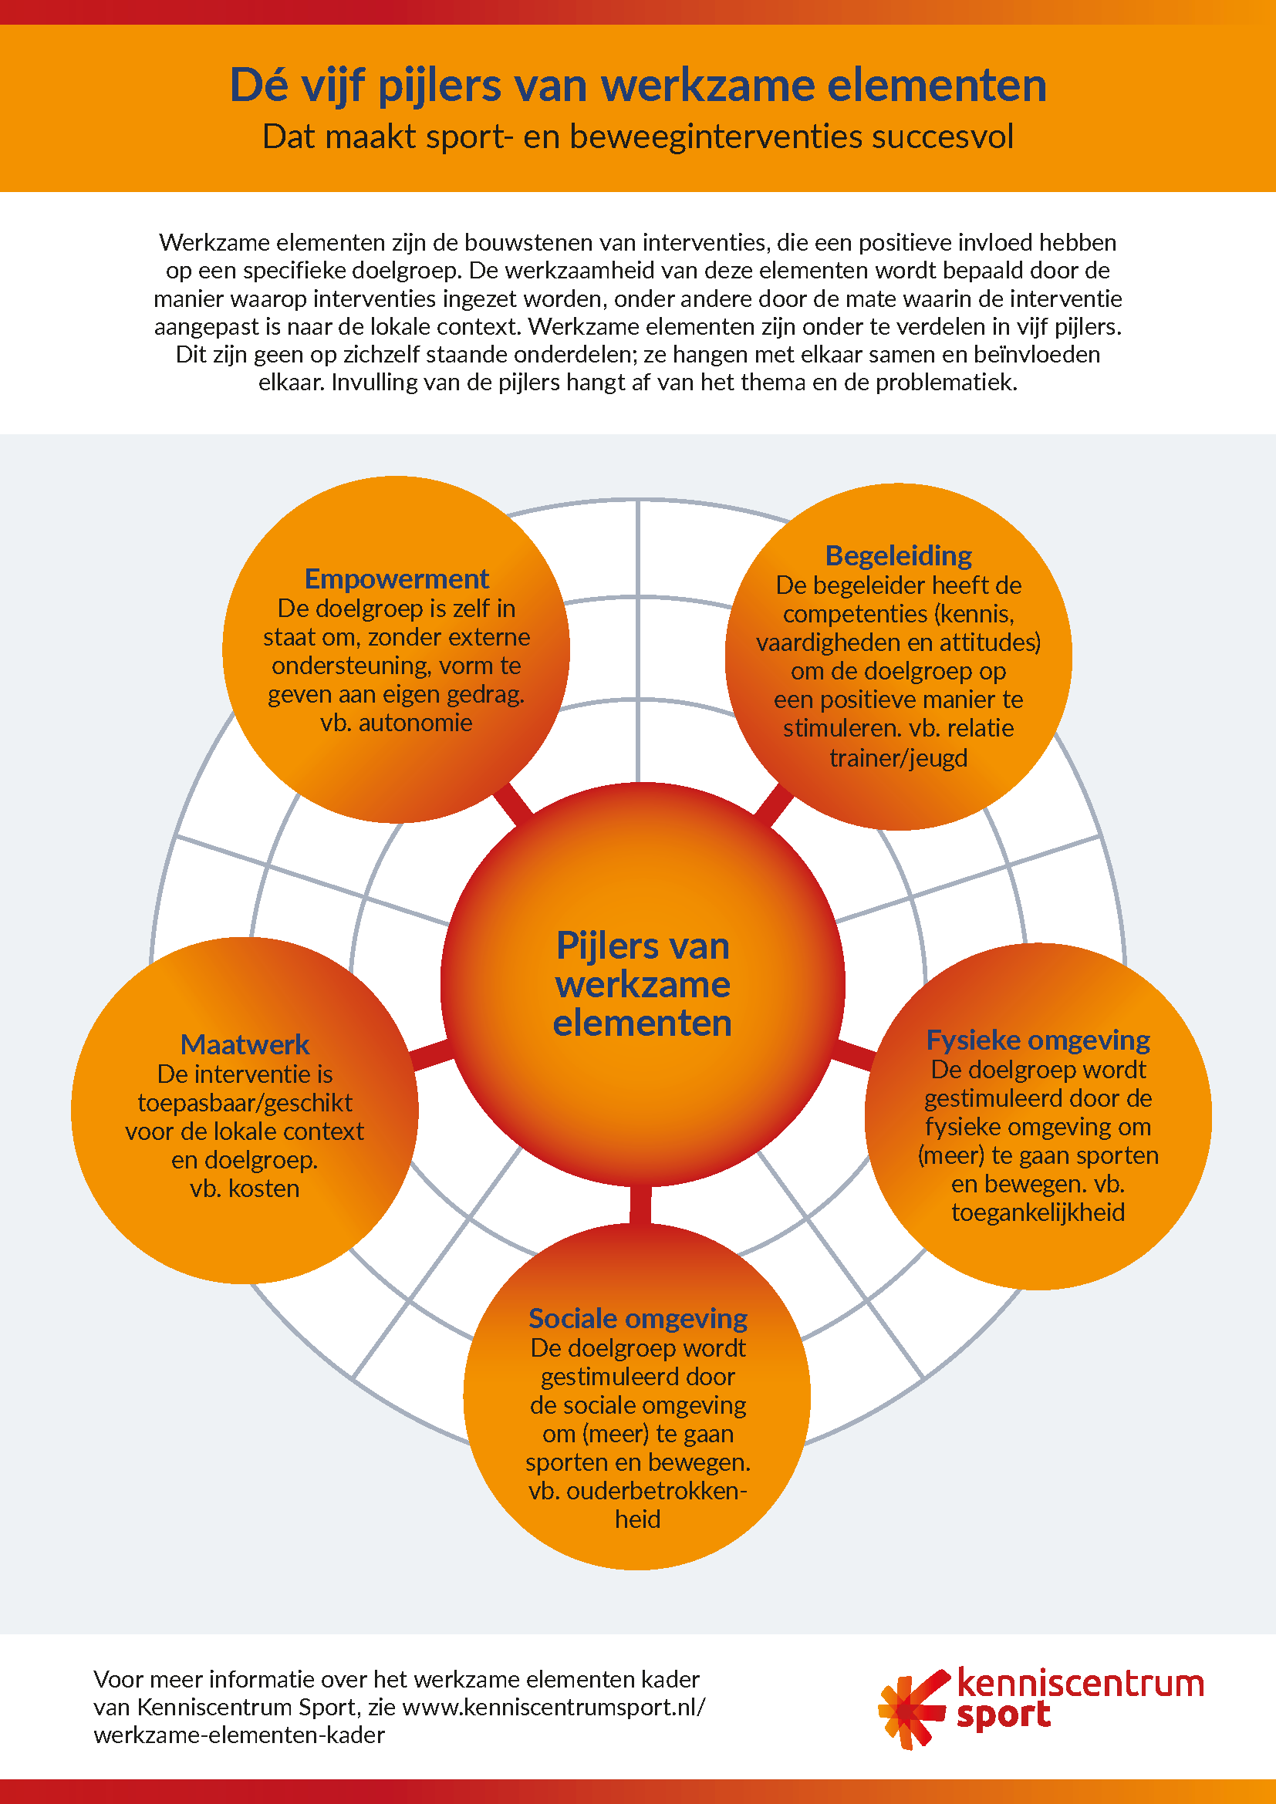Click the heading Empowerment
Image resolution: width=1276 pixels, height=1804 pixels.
tap(396, 579)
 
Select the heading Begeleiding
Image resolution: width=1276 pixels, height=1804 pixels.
tap(898, 555)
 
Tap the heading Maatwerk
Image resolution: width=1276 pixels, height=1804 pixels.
tap(245, 1044)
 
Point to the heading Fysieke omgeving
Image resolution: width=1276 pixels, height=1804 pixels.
tap(1038, 1040)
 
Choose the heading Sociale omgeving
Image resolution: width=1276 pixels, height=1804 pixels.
tap(637, 1318)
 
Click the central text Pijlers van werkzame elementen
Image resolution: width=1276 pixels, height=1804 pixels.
tap(643, 984)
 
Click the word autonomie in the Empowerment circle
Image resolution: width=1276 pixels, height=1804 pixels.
tap(416, 723)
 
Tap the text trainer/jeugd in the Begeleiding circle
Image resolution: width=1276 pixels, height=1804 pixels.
tap(898, 758)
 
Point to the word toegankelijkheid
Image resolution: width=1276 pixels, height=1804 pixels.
tap(1038, 1213)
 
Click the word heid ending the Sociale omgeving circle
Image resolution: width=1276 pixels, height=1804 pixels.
tap(637, 1519)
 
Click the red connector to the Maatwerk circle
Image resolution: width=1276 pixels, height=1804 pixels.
tap(431, 1054)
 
